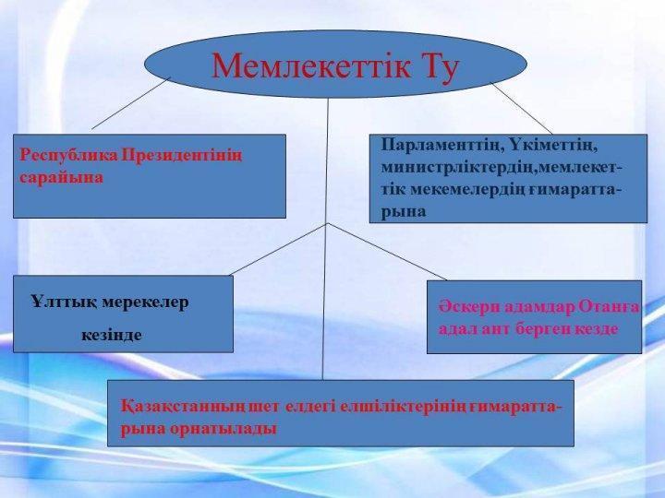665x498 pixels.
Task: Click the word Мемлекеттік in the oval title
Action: pyautogui.click(x=311, y=65)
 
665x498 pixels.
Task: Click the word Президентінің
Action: pyautogui.click(x=182, y=157)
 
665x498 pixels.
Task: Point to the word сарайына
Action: pyautogui.click(x=61, y=178)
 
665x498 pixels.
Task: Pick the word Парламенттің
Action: pyautogui.click(x=440, y=146)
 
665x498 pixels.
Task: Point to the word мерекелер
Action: pyautogui.click(x=146, y=303)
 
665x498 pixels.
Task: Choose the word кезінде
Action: pyautogui.click(x=112, y=336)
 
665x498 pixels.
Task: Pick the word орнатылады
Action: pyautogui.click(x=224, y=430)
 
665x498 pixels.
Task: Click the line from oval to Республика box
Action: pyautogui.click(x=130, y=103)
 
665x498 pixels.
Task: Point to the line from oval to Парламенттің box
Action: pyautogui.click(x=521, y=108)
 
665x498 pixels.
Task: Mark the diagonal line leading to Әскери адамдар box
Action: pyautogui.click(x=387, y=252)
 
